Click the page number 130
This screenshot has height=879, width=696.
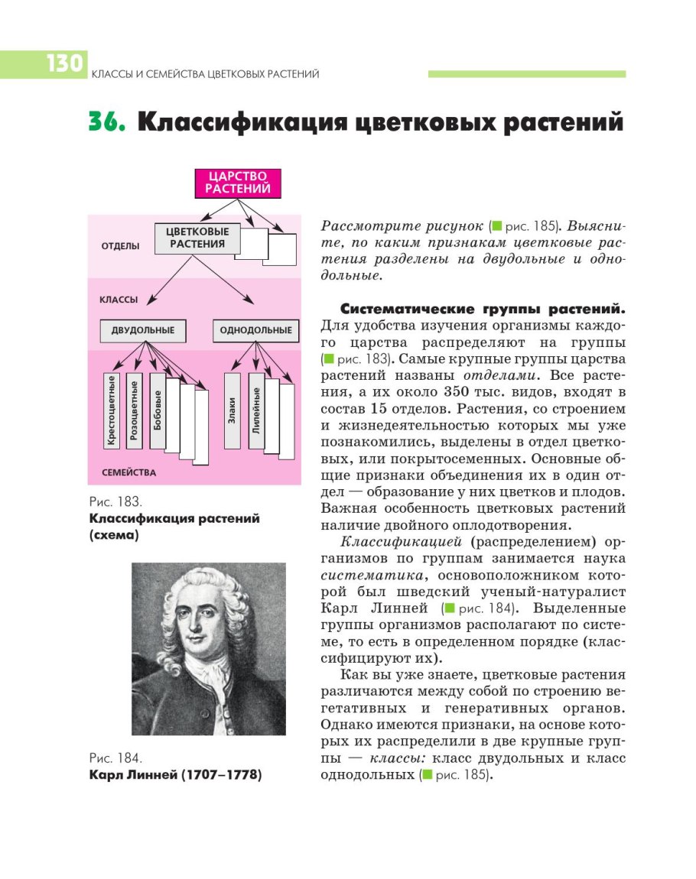64,63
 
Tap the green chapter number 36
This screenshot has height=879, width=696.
106,123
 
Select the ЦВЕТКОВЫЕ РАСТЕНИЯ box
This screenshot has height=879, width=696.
197,238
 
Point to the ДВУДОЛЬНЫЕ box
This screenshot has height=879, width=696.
143,331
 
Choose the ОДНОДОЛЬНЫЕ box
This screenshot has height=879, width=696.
255,331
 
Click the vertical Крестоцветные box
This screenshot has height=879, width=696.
112,410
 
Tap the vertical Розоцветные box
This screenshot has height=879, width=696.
135,410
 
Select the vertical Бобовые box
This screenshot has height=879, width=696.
158,410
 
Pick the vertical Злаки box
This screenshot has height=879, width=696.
232,410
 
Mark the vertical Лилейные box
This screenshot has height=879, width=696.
255,410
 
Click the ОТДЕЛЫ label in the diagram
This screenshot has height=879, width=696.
120,246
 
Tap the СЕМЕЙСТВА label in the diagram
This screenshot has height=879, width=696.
128,472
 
